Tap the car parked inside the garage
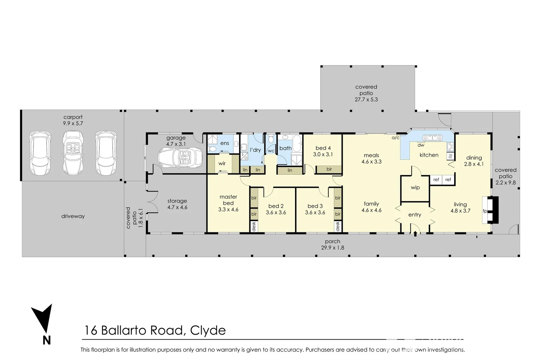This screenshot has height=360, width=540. (x=180, y=157)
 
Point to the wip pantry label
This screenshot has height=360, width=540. (x=415, y=188)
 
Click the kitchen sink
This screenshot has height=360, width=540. (x=432, y=138)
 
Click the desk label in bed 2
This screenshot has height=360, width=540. (x=254, y=227)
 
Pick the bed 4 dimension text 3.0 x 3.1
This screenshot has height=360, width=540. (x=323, y=154)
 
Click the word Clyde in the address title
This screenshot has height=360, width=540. (x=208, y=330)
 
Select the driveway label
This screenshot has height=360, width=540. (x=73, y=216)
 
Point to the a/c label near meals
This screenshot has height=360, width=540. (x=395, y=138)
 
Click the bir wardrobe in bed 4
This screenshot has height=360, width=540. (x=329, y=169)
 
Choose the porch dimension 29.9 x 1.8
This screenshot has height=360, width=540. (x=333, y=248)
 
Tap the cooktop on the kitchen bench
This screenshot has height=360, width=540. (x=450, y=146)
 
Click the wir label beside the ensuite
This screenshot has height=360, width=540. (x=222, y=163)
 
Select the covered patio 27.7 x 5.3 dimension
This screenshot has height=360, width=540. (x=366, y=99)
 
